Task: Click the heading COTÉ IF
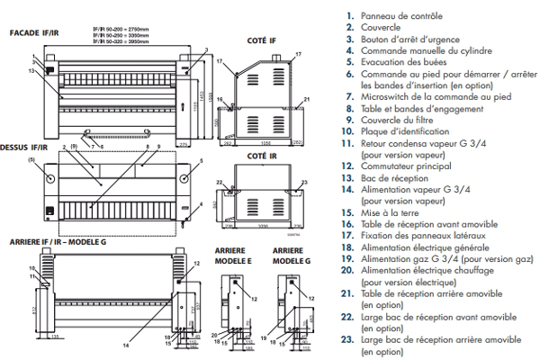(261, 40)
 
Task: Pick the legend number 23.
(346, 339)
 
